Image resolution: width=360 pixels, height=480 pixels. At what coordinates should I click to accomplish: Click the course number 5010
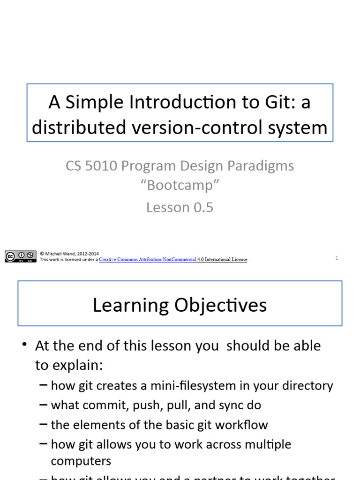(x=103, y=165)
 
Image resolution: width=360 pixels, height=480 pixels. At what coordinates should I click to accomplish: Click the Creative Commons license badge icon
(x=21, y=256)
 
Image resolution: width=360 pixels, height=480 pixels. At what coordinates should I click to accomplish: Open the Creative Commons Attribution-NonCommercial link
(x=147, y=260)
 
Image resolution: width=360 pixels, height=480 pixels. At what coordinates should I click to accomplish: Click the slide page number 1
(x=337, y=257)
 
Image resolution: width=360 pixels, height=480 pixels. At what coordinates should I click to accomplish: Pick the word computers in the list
(x=81, y=461)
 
